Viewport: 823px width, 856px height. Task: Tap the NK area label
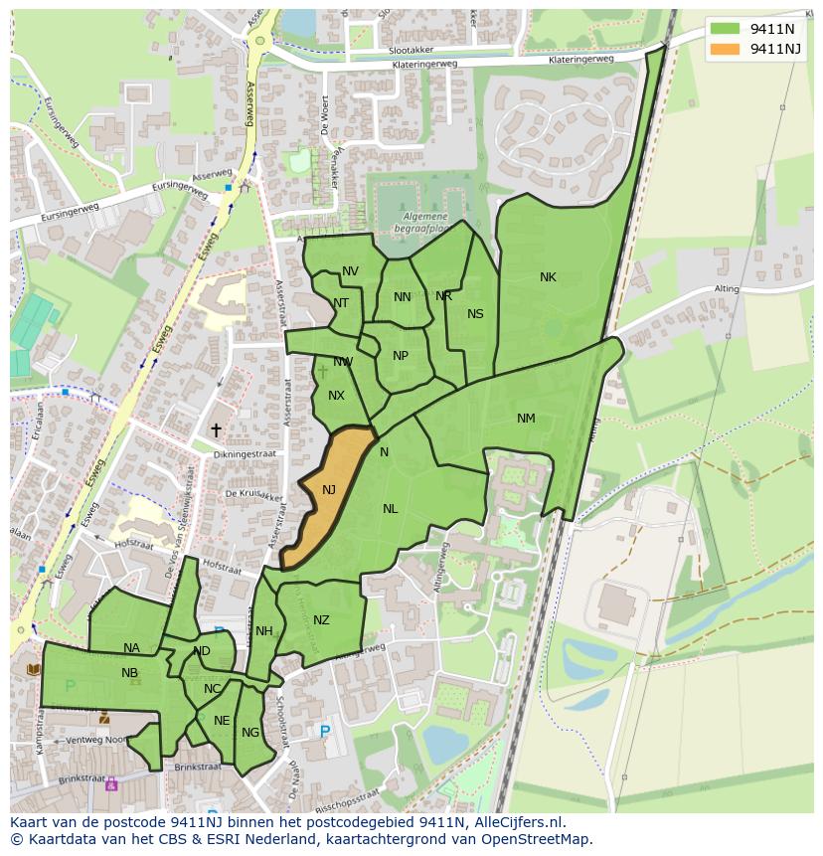pyautogui.click(x=548, y=277)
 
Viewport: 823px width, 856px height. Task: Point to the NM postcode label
pyautogui.click(x=526, y=419)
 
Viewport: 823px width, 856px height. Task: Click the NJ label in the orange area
pyautogui.click(x=328, y=489)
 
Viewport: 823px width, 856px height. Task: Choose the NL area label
pyautogui.click(x=390, y=509)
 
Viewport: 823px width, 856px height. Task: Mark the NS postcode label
pyautogui.click(x=475, y=314)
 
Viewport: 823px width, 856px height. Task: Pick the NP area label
pyautogui.click(x=401, y=356)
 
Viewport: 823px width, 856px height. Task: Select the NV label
pyautogui.click(x=350, y=271)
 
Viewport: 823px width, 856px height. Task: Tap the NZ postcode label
pyautogui.click(x=321, y=620)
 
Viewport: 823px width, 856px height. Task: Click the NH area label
pyautogui.click(x=263, y=631)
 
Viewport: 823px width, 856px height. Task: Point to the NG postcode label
pyautogui.click(x=249, y=733)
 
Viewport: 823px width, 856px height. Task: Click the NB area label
pyautogui.click(x=129, y=673)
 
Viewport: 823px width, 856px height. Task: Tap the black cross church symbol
pyautogui.click(x=216, y=429)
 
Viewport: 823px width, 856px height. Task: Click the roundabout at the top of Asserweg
pyautogui.click(x=260, y=41)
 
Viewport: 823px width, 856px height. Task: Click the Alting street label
pyautogui.click(x=727, y=289)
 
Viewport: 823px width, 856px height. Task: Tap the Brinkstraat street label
pyautogui.click(x=196, y=768)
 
